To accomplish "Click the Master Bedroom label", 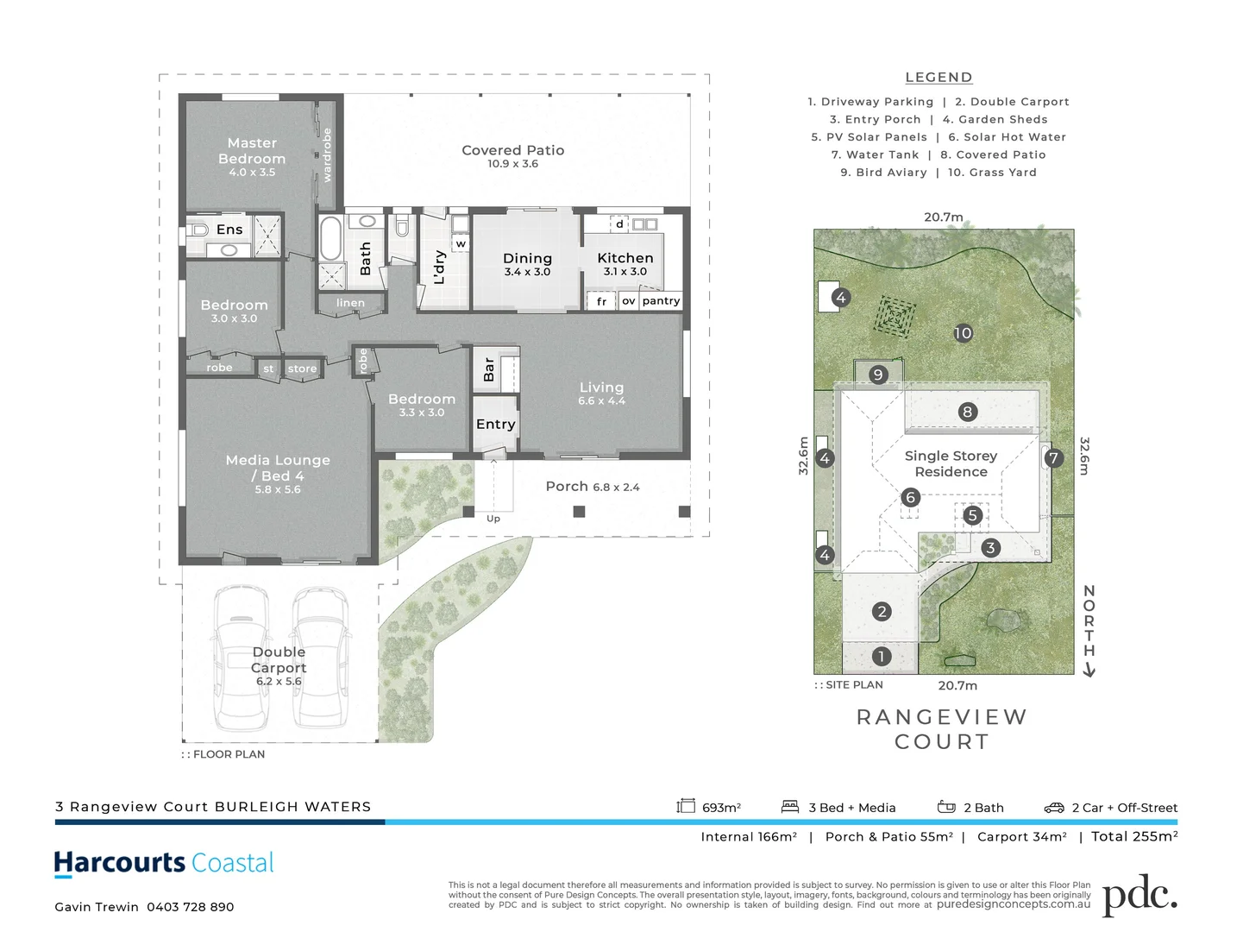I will [252, 151].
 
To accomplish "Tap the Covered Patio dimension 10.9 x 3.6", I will [512, 164].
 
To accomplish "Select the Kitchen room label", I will [625, 258].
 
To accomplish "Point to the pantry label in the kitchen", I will [661, 301].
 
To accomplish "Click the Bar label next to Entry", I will [489, 369].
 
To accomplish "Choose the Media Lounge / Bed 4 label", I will [278, 468].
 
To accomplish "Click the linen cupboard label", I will [350, 303].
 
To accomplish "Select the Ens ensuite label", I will [229, 230].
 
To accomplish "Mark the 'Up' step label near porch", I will [493, 519].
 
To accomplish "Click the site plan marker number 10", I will [963, 333].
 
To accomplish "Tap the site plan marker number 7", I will [1053, 458].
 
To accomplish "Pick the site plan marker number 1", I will [881, 656].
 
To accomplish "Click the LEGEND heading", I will [939, 78].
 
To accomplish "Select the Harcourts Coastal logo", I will [164, 863].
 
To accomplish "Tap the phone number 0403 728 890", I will [190, 907].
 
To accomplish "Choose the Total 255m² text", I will [1134, 836].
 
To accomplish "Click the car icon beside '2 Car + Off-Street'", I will [1054, 808].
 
